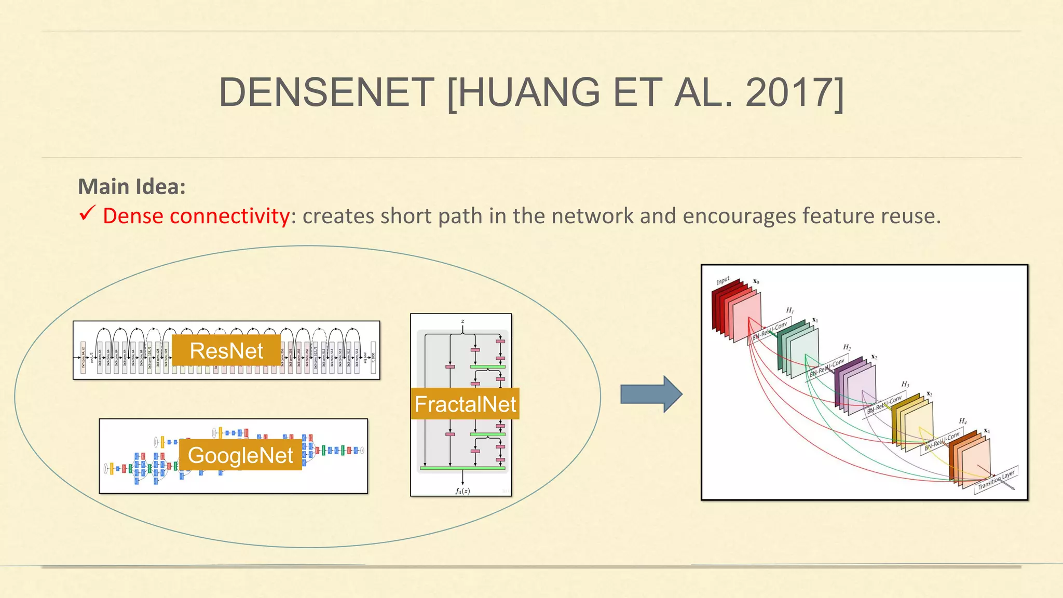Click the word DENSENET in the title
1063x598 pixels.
[326, 92]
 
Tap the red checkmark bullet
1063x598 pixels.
[87, 213]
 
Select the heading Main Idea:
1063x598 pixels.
[131, 186]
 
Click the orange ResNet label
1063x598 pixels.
[226, 351]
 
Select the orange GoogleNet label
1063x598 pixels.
[240, 455]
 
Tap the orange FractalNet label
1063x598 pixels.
[465, 404]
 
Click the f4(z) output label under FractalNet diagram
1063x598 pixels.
[462, 491]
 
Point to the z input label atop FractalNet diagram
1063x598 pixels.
[462, 321]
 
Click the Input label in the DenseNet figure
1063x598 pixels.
[723, 281]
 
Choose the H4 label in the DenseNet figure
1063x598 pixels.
[963, 421]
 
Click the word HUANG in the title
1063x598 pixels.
[528, 92]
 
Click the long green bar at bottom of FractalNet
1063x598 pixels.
[462, 468]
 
